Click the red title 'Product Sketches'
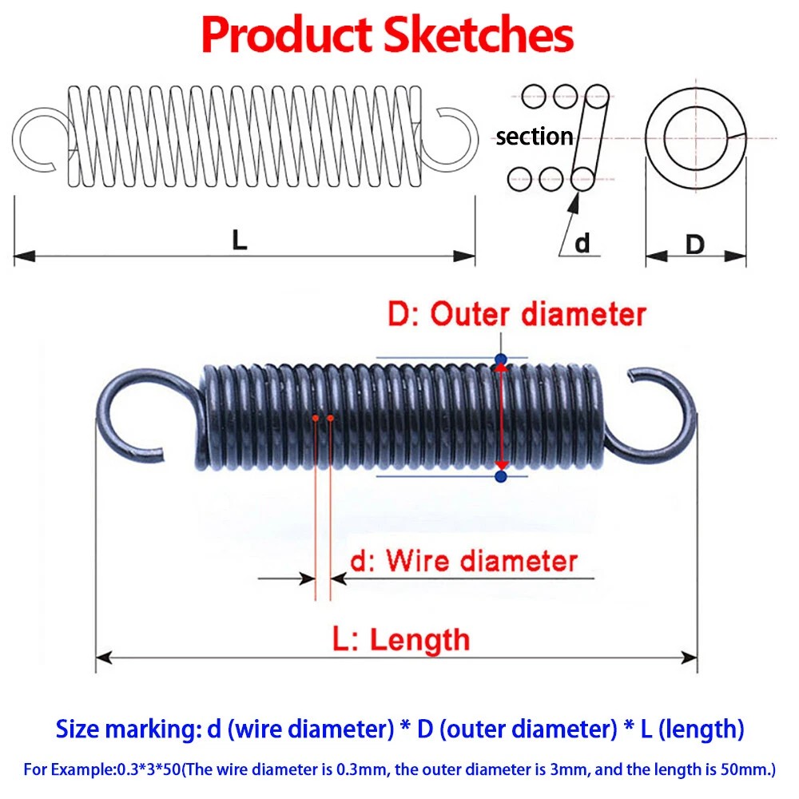tap(388, 36)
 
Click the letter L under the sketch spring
tap(240, 240)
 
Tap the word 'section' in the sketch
tap(534, 137)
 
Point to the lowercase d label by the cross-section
tap(582, 242)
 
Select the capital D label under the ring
tap(695, 244)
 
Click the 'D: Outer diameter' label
tap(516, 314)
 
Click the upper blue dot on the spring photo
tap(501, 359)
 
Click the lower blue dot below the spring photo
tap(501, 477)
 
